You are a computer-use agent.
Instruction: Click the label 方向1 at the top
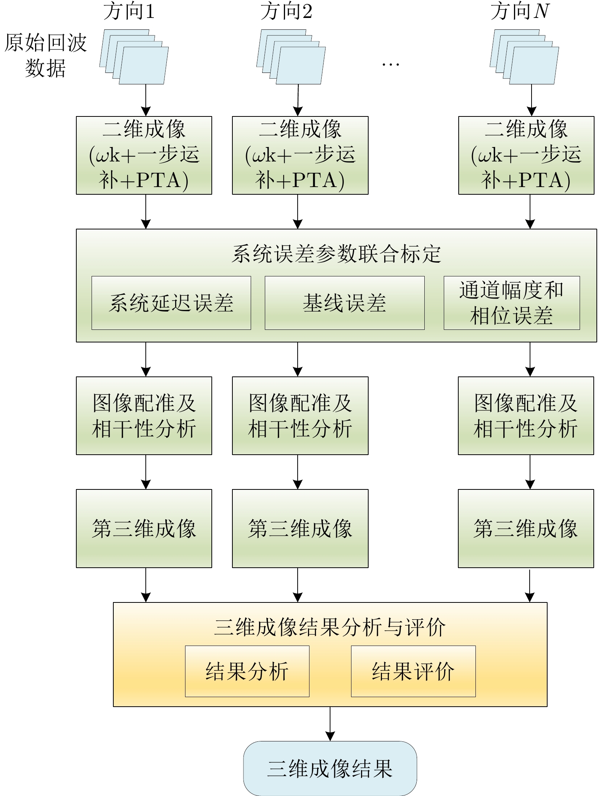click(x=129, y=11)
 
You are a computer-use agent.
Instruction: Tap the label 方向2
click(x=287, y=11)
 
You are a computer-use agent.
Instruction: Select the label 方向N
click(x=520, y=11)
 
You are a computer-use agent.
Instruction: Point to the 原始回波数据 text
click(x=45, y=55)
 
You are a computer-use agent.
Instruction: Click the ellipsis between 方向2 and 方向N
click(x=390, y=65)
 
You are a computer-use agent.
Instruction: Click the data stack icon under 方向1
click(x=134, y=57)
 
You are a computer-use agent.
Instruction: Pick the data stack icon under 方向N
click(x=524, y=57)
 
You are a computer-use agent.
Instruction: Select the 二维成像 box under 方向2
click(x=300, y=155)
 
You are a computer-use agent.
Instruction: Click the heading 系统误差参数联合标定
click(x=336, y=254)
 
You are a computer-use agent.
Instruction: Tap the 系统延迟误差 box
click(x=171, y=303)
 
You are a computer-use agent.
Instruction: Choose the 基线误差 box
click(x=345, y=303)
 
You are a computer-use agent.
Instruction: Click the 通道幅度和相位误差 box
click(x=512, y=303)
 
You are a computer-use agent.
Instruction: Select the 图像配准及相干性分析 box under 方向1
click(x=144, y=416)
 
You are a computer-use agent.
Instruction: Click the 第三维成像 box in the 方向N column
click(x=526, y=528)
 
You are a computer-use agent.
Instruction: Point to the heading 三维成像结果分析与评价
click(x=330, y=627)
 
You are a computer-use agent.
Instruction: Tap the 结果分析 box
click(x=247, y=671)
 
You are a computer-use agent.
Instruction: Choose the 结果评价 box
click(x=413, y=671)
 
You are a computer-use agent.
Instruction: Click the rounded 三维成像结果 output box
click(x=330, y=768)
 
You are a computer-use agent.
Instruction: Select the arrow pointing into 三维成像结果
click(x=330, y=724)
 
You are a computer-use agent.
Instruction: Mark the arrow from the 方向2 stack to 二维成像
click(x=298, y=100)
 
